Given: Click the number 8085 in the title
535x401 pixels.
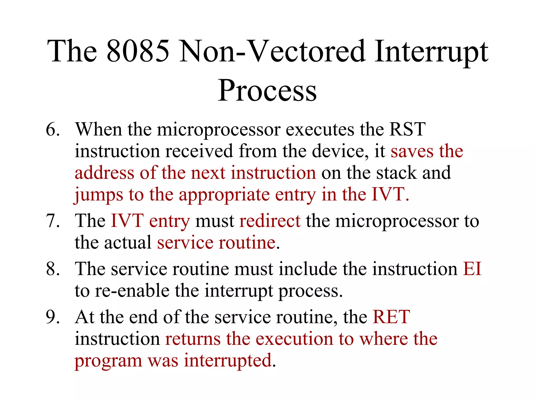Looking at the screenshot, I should coord(138,51).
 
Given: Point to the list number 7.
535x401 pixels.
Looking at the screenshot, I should coord(53,221).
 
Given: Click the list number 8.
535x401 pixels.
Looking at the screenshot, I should coord(53,269).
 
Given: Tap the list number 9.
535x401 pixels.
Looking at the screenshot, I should coord(53,317).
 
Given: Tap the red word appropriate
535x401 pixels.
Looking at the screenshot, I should coord(224,195).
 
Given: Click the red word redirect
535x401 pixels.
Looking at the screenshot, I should coord(270,221).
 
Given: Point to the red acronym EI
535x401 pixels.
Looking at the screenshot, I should coord(472,269).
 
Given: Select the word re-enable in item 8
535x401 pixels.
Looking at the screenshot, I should coord(132,291).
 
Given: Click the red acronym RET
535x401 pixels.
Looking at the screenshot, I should coord(391,317).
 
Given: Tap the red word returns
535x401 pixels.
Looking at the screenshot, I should coord(193,339).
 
